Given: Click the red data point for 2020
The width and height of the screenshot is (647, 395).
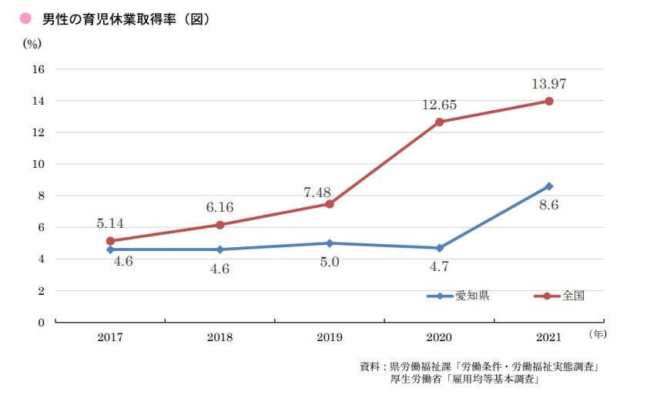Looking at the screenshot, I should point(439,122).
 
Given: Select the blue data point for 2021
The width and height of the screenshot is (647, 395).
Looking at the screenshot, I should point(549,186).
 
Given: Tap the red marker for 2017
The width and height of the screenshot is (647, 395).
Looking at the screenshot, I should point(110,241).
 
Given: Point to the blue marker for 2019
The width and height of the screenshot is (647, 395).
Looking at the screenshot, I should point(330,243).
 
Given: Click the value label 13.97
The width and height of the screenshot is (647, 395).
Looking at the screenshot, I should point(549,84).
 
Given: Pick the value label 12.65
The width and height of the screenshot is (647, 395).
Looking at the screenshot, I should point(439,105).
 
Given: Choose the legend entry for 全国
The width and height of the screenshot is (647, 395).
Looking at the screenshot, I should point(562,296).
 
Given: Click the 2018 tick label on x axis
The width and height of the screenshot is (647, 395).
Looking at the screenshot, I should point(220,337).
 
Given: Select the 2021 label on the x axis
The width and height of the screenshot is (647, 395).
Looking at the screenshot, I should point(549,337).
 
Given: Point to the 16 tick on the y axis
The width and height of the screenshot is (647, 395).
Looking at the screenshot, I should point(39,69).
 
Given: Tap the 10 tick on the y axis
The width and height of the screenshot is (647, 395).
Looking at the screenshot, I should point(39,164).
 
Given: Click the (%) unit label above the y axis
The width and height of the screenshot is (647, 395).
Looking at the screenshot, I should point(32,43).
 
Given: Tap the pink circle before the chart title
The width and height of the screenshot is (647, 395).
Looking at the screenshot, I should point(25,18).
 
